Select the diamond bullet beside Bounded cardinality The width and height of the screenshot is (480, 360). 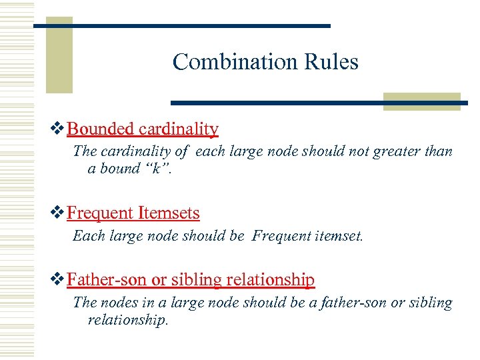(58, 128)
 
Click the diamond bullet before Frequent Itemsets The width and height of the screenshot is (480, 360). (58, 213)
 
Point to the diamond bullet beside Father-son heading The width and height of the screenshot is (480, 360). (58, 280)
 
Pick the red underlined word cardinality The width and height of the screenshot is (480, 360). (179, 128)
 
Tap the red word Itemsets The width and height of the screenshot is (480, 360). (169, 213)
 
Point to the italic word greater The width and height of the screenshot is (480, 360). (393, 151)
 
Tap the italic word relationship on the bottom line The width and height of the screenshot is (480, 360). (128, 320)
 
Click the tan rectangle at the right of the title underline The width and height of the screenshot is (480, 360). (422, 101)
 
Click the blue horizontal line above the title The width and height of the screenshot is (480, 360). (181, 25)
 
